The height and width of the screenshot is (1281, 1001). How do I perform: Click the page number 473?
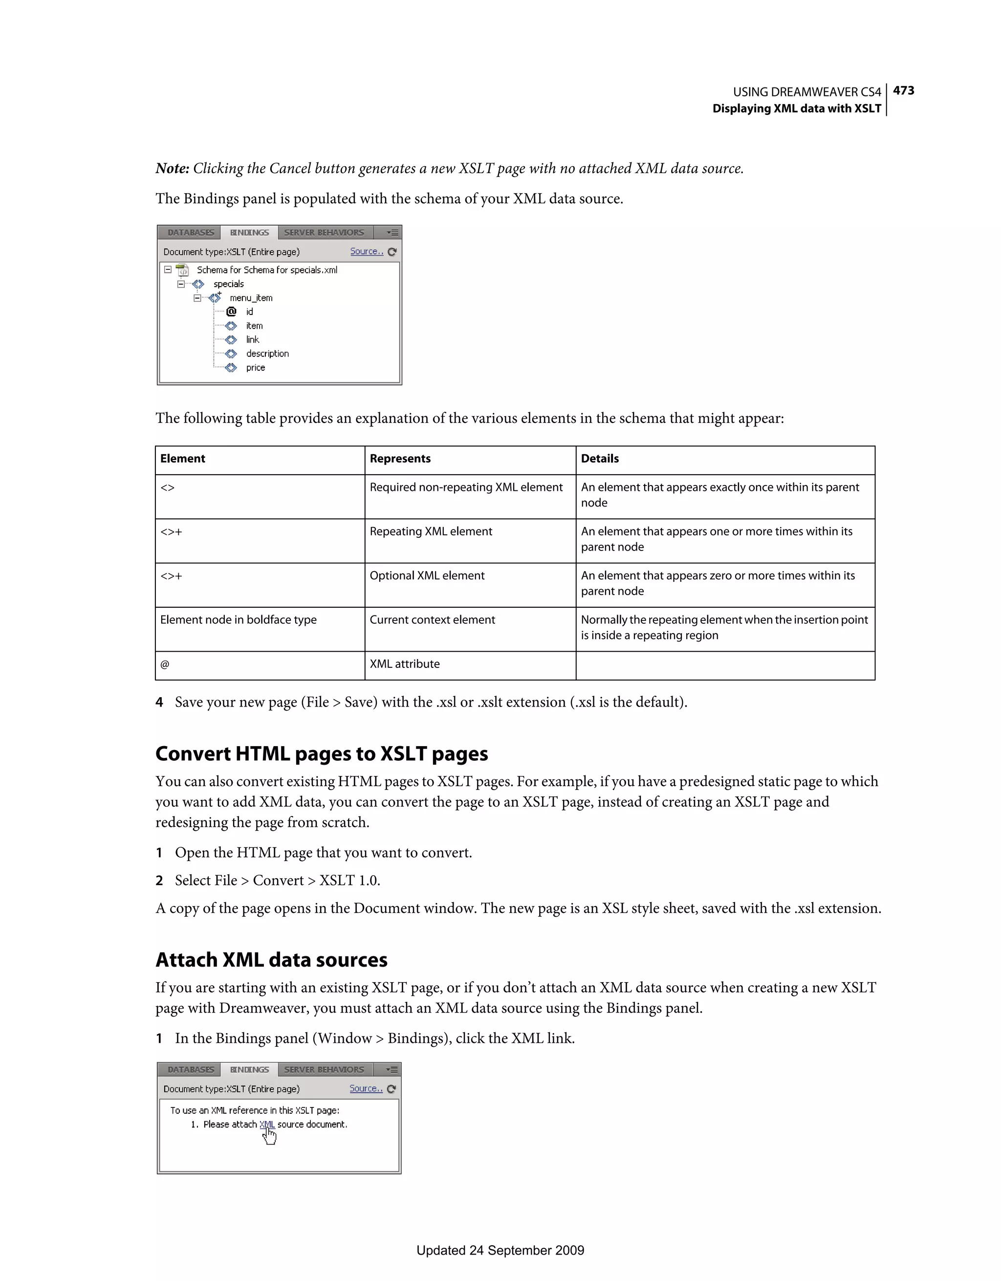tap(903, 90)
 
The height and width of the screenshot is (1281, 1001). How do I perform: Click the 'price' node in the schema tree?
tap(255, 368)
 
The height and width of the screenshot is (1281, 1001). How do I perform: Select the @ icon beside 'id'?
tap(231, 311)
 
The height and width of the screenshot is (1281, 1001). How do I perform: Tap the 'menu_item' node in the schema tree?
tap(251, 298)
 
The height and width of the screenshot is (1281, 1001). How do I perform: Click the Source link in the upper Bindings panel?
tap(367, 252)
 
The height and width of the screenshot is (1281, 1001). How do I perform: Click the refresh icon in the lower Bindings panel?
tap(392, 1089)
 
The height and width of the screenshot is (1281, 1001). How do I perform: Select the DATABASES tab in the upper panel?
tap(191, 233)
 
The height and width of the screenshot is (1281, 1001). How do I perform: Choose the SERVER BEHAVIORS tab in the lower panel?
tap(324, 1069)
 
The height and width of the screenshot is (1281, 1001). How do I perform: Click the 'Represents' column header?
tap(400, 459)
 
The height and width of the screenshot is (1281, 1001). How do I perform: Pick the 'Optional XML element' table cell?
tap(427, 575)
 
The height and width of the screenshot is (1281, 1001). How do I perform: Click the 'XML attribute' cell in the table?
tap(405, 664)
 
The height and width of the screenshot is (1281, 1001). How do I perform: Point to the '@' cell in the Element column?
tap(165, 664)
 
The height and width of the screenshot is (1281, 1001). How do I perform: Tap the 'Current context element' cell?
tap(432, 620)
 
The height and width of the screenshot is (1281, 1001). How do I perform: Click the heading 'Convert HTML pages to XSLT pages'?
tap(321, 754)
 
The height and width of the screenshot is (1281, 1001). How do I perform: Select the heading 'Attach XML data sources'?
tap(271, 960)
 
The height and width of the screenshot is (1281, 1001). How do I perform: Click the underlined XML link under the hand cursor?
tap(267, 1125)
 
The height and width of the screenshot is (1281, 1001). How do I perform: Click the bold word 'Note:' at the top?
tap(172, 168)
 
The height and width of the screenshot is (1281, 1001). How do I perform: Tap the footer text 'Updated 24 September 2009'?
tap(500, 1251)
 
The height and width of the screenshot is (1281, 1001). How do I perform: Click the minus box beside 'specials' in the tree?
tap(181, 284)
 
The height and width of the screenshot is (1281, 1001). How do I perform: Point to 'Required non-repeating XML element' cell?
tap(466, 487)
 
